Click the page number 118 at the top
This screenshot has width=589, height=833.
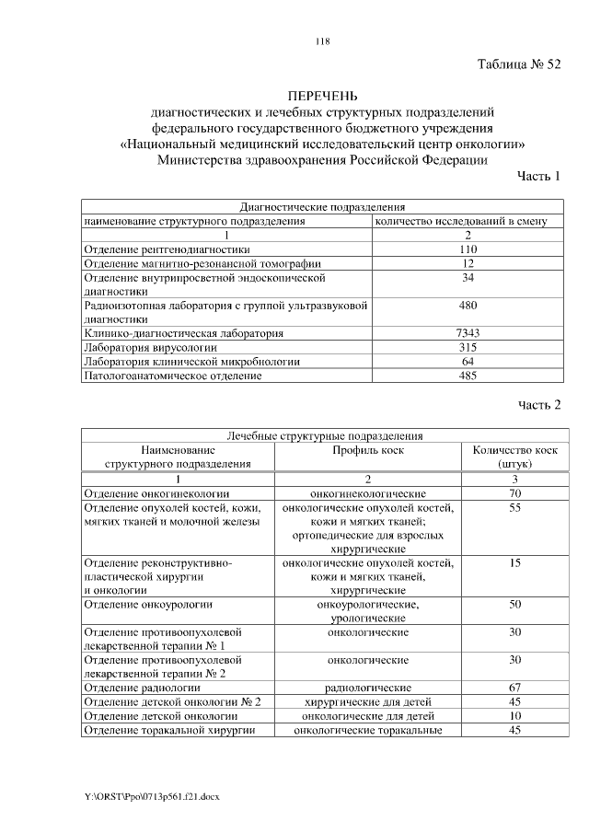pyautogui.click(x=322, y=40)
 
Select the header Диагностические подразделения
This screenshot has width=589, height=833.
pyautogui.click(x=322, y=208)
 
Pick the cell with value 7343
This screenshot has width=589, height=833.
pyautogui.click(x=468, y=332)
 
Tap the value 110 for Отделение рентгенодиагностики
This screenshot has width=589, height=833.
pyautogui.click(x=468, y=249)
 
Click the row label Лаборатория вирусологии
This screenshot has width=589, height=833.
pyautogui.click(x=151, y=347)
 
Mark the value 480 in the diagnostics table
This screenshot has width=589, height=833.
pyautogui.click(x=468, y=305)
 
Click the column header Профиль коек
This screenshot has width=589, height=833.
pyautogui.click(x=368, y=450)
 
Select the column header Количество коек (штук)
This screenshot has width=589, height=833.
pyautogui.click(x=515, y=457)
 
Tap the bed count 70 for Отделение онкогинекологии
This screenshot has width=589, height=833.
pyautogui.click(x=515, y=493)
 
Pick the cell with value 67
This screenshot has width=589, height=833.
pyautogui.click(x=515, y=688)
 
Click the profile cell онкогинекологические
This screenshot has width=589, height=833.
pyautogui.click(x=368, y=493)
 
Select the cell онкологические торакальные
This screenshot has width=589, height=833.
pyautogui.click(x=368, y=730)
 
